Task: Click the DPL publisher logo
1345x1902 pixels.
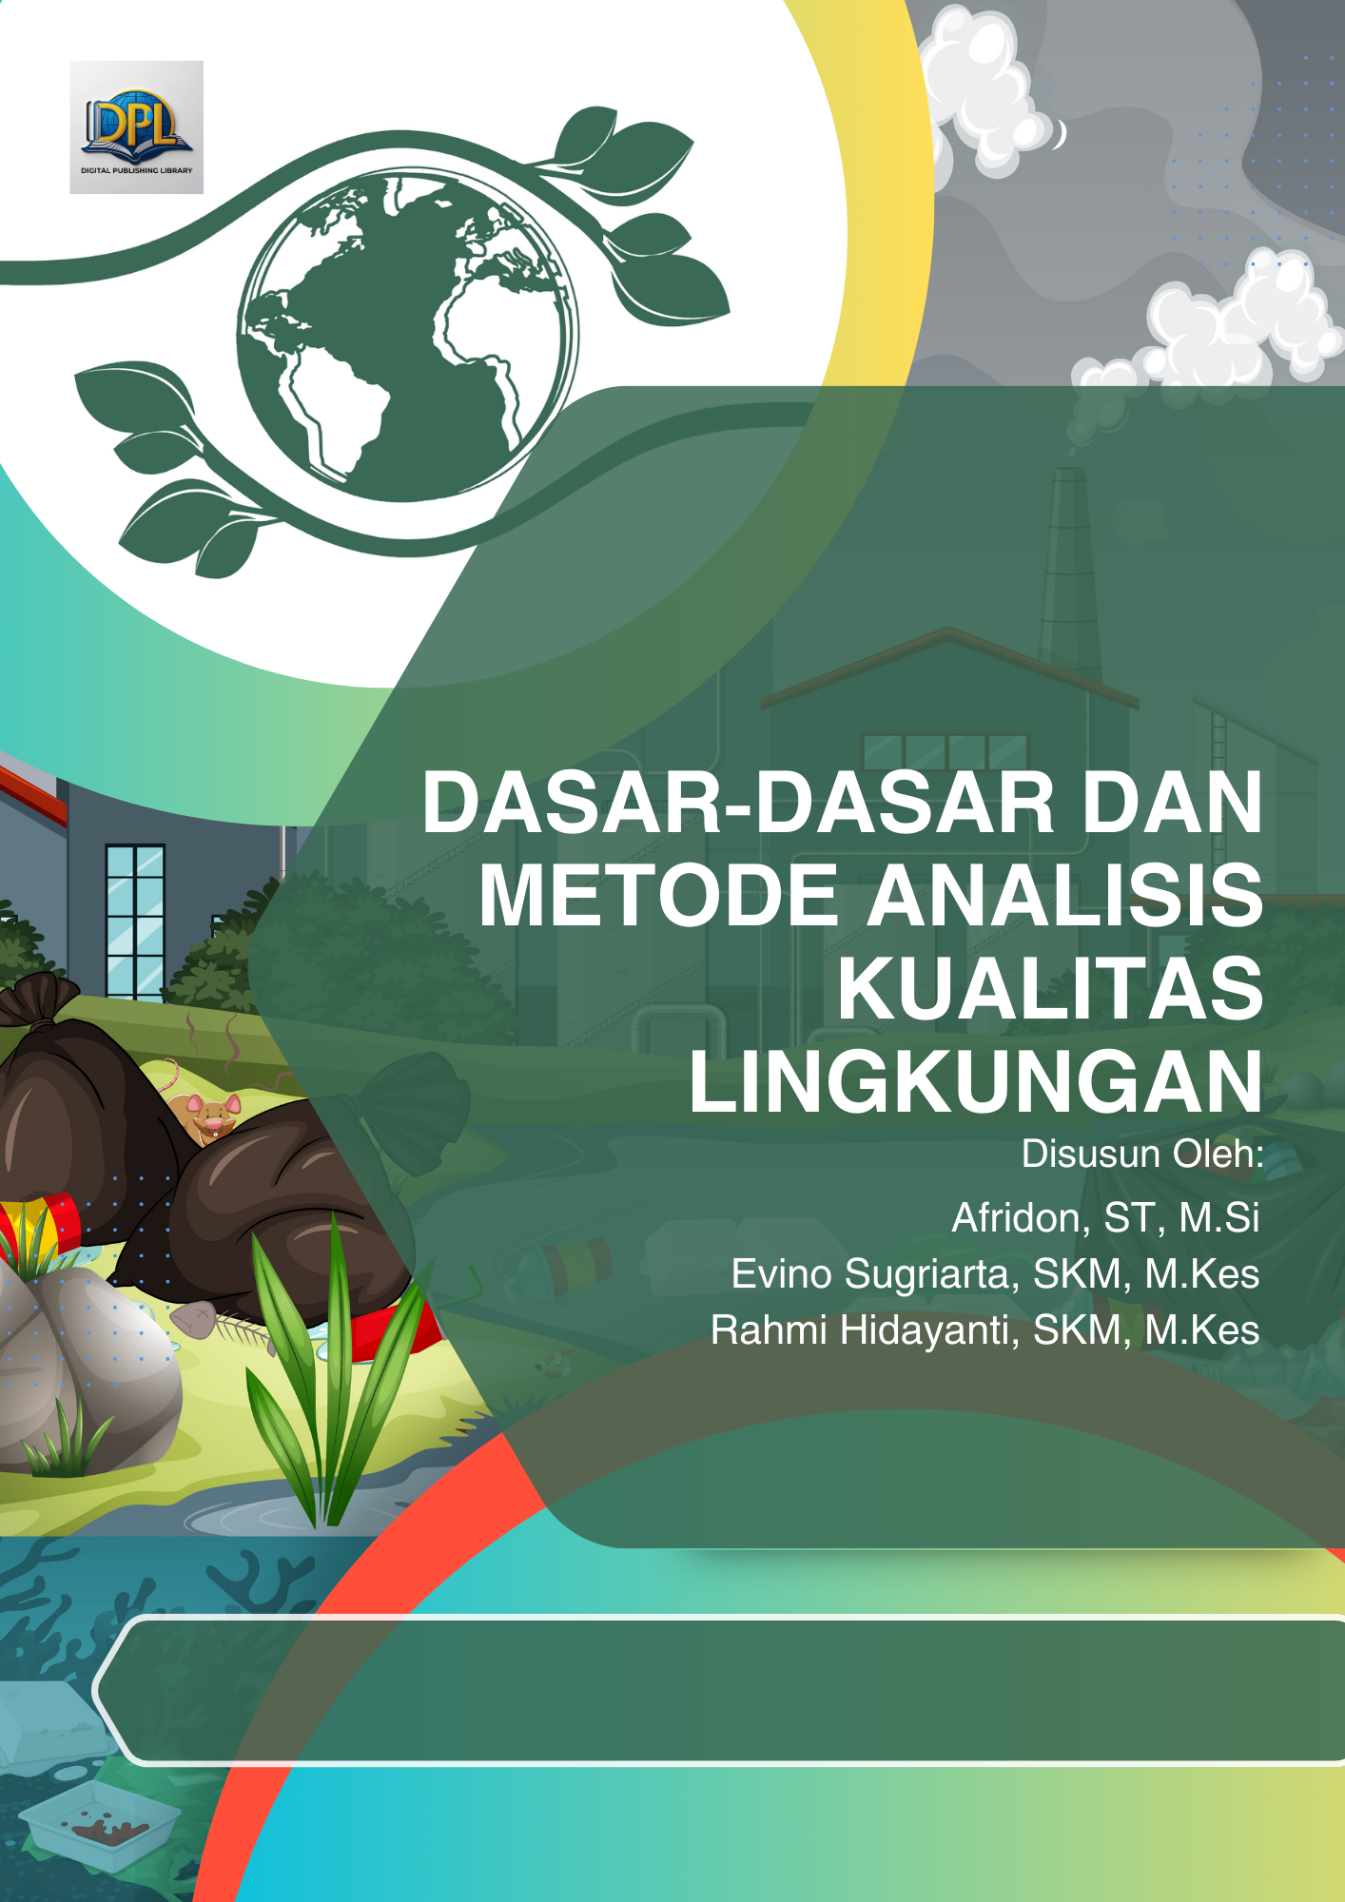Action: (136, 127)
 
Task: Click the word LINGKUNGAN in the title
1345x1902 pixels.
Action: (976, 1081)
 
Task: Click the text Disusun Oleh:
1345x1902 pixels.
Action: (1141, 1154)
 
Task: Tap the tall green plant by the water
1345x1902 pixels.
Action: (328, 1379)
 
